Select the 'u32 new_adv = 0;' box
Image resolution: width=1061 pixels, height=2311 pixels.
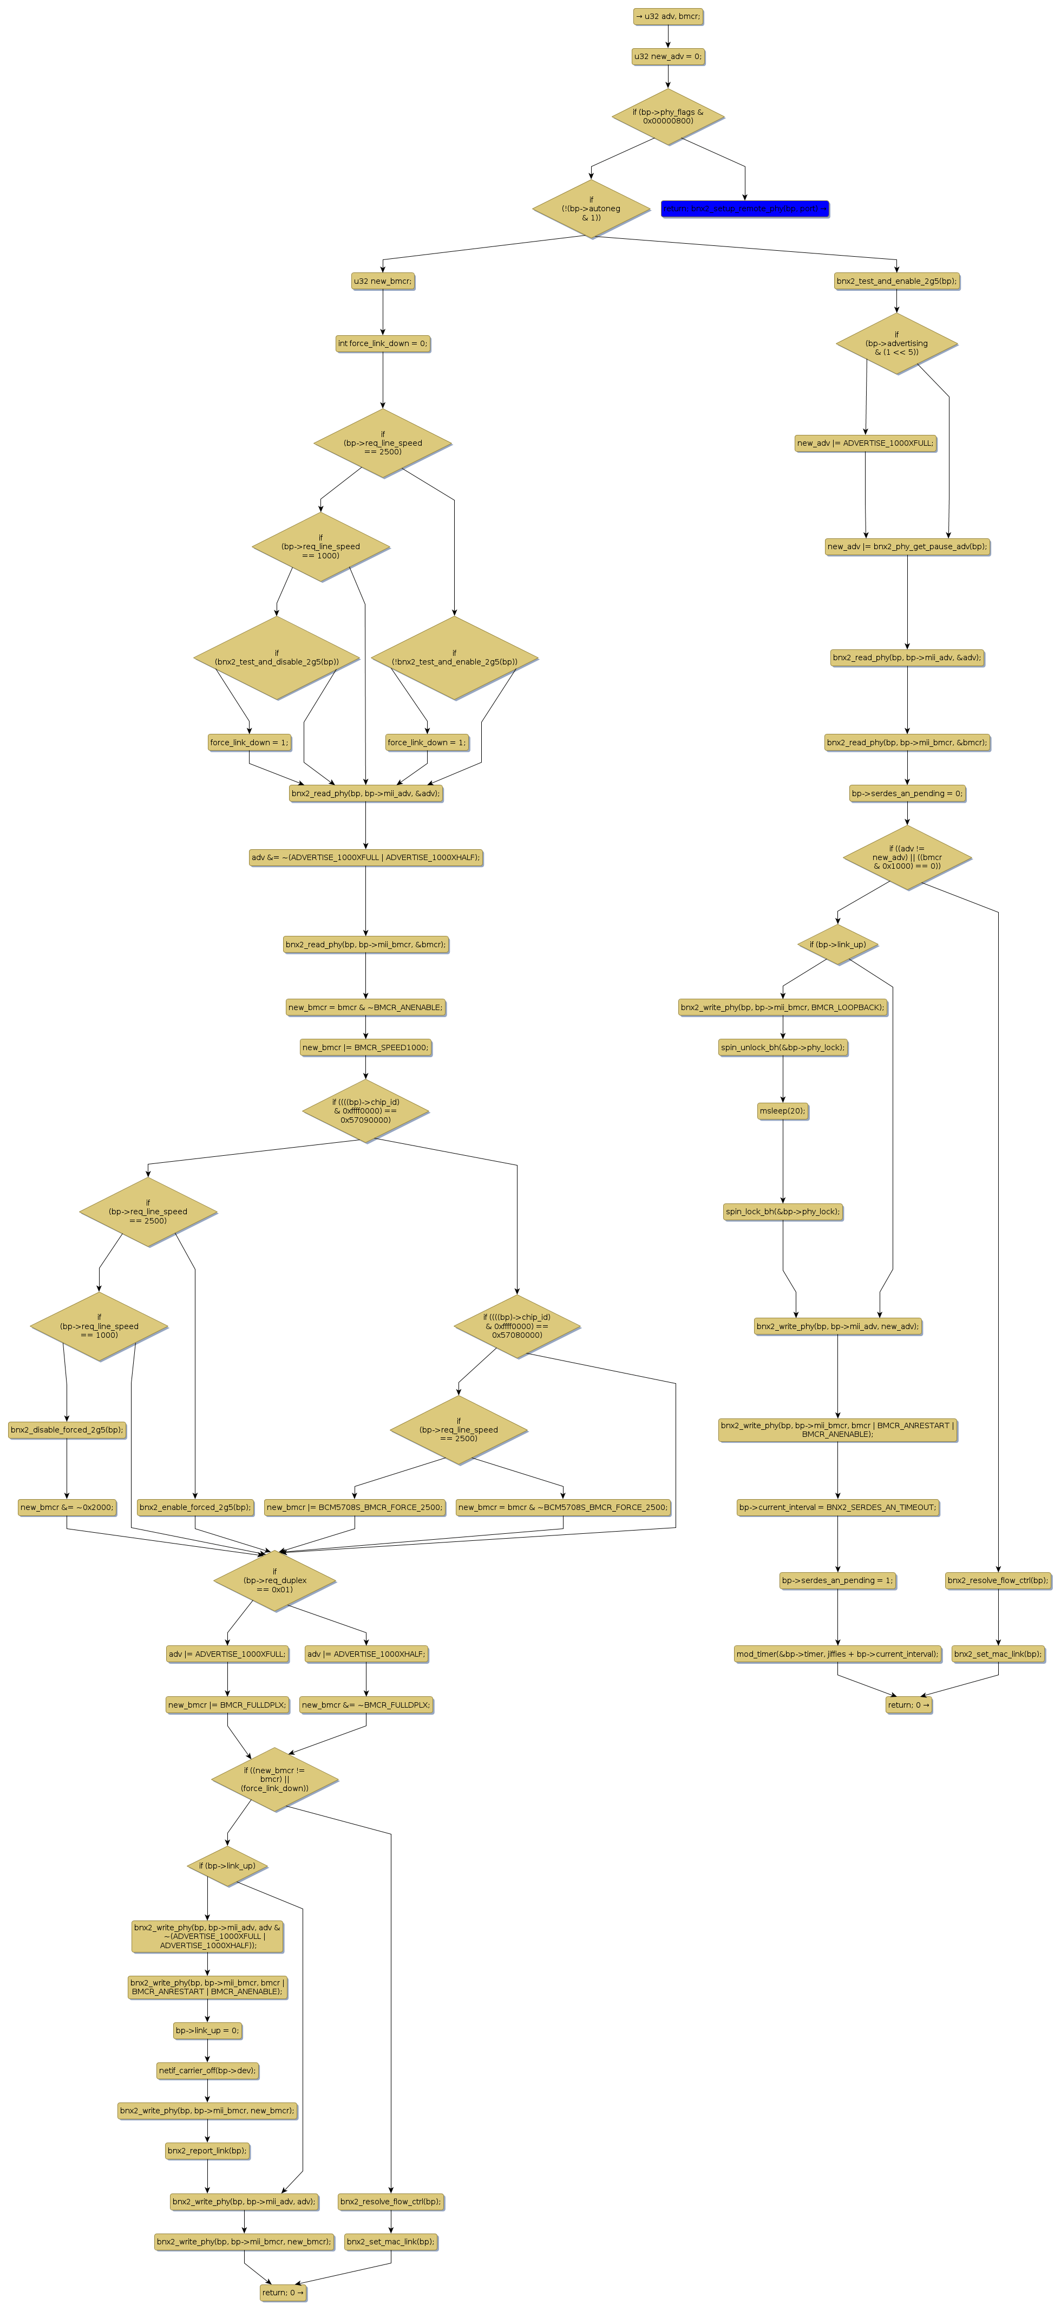tap(667, 56)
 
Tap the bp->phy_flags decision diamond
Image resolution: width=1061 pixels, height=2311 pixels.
tap(667, 116)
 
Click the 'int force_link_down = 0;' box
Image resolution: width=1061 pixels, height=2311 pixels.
tap(383, 343)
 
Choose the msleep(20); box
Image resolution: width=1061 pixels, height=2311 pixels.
tap(782, 1111)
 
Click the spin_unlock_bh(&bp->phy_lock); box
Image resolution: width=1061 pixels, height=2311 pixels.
tap(782, 1047)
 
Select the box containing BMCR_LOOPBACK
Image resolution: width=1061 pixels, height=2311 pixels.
tap(782, 1007)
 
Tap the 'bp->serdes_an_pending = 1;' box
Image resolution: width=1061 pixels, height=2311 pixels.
tap(837, 1580)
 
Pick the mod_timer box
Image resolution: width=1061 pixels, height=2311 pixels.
tap(837, 1653)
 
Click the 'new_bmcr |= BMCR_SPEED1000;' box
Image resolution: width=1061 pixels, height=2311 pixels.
tap(365, 1047)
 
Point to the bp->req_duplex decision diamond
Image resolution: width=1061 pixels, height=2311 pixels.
tap(274, 1581)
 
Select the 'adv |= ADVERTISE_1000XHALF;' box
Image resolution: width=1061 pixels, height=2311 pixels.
tap(366, 1653)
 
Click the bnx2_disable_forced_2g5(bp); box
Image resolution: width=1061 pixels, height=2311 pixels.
tap(67, 1430)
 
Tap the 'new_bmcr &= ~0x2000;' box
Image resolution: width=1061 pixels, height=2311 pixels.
tap(67, 1507)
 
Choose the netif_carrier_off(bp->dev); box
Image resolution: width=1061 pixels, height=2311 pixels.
tap(207, 2071)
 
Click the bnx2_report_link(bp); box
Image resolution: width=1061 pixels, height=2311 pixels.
tap(207, 2150)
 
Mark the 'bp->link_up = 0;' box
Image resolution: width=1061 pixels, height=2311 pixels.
tap(207, 2030)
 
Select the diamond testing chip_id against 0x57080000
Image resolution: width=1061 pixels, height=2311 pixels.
tap(516, 1326)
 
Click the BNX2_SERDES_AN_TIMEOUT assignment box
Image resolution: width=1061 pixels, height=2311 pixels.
tap(837, 1507)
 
